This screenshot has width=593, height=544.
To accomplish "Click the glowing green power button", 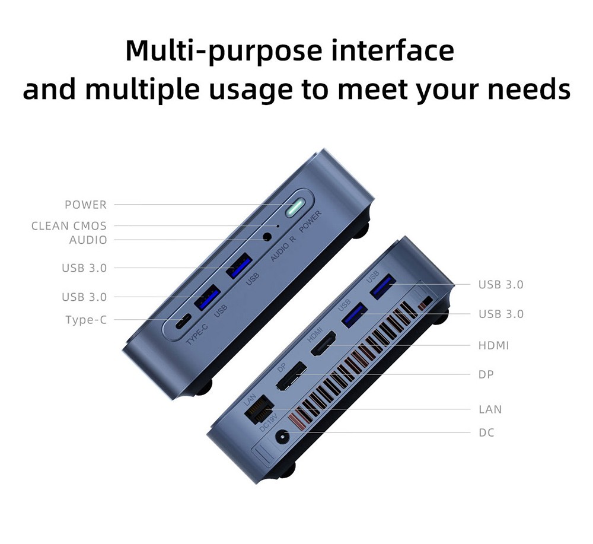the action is coord(295,208).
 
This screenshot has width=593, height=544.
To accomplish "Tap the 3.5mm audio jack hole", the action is coord(267,237).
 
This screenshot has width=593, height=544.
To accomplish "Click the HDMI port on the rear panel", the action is coord(323,343).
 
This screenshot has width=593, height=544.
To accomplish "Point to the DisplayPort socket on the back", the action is coord(291,376).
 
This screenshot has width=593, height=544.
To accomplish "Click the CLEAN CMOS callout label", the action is coord(69,226).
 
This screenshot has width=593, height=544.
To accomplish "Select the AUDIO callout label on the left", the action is coord(88,240).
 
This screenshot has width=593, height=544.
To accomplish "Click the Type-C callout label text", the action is coord(86,320).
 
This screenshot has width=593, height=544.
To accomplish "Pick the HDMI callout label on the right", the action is coord(493,345).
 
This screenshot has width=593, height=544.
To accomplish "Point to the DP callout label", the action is coord(486,374).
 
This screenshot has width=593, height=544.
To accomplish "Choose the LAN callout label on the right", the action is coord(490,409).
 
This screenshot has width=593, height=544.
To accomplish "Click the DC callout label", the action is coord(486,432).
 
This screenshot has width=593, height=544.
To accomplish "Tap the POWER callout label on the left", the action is coord(86,205).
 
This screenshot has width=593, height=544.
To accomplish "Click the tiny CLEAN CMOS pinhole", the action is coord(278,226).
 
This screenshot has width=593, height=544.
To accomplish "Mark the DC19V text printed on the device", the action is coord(268,422).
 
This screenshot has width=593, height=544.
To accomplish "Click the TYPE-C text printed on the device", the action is coord(197,334).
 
